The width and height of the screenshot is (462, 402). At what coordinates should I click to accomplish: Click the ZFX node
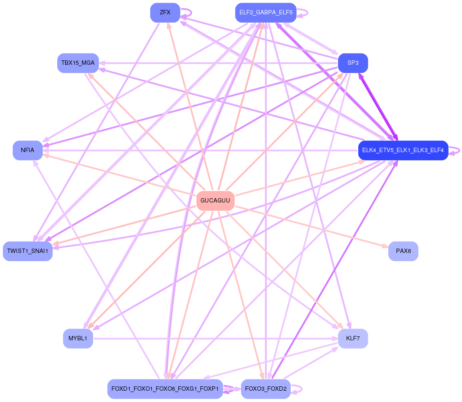point(165,13)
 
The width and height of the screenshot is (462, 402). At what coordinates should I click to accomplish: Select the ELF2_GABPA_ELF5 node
point(265,13)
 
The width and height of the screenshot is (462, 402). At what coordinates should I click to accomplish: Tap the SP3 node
point(353,63)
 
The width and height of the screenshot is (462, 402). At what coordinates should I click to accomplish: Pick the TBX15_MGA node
point(78,63)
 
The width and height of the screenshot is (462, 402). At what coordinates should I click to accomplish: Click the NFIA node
point(28,150)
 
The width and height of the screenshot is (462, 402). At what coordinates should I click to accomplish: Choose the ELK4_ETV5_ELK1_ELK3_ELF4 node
point(403,150)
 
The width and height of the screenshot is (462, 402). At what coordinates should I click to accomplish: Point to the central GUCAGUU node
point(215,201)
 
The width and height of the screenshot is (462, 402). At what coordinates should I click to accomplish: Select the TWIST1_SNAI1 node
point(28,251)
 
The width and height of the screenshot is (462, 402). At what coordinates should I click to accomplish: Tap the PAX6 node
point(403,251)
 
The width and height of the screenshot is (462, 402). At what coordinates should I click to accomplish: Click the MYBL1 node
point(78,339)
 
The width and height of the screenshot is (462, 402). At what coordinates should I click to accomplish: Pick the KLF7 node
point(353,339)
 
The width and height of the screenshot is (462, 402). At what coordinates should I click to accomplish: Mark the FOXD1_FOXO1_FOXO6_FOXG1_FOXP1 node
point(165,389)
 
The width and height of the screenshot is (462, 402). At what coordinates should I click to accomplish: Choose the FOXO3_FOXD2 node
point(265,389)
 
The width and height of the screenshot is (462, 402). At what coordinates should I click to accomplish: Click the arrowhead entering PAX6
point(385,246)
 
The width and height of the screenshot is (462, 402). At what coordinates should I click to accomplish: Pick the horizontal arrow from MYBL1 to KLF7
point(217,339)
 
